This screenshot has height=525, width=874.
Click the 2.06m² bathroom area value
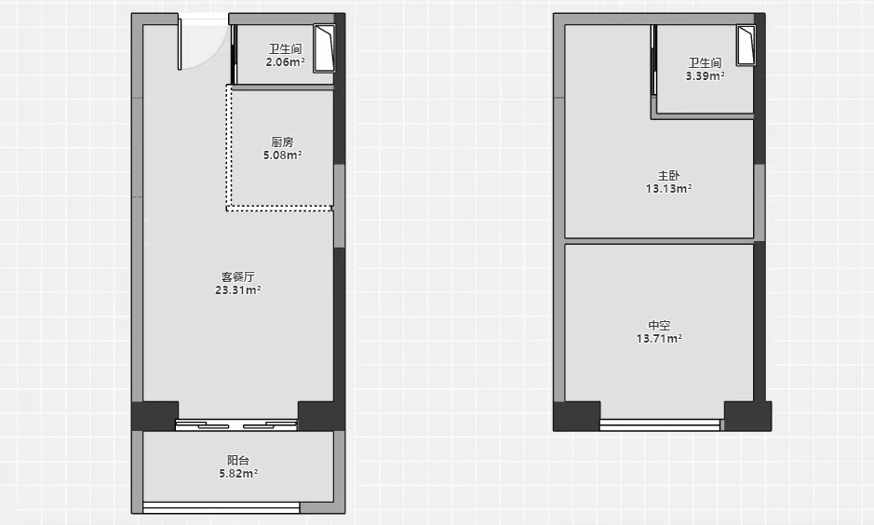285,62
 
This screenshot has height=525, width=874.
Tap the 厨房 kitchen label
283,142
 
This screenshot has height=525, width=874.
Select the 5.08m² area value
283,155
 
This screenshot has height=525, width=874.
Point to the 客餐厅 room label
238,276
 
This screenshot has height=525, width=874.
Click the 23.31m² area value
238,289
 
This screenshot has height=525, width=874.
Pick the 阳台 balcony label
238,460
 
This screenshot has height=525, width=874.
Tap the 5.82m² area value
238,473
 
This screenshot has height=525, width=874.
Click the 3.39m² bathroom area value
706,75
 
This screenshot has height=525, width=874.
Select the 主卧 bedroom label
669,176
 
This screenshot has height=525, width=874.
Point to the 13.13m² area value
669,189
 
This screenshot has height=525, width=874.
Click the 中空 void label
659,325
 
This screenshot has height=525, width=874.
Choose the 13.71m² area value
659,338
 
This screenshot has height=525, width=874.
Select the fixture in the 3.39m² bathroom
746,45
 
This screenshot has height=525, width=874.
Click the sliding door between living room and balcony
237,425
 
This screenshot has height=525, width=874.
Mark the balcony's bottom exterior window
222,507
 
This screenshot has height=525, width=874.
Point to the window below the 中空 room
660,425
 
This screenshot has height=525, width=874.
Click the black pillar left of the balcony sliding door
155,416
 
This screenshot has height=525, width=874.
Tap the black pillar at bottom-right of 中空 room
747,416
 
